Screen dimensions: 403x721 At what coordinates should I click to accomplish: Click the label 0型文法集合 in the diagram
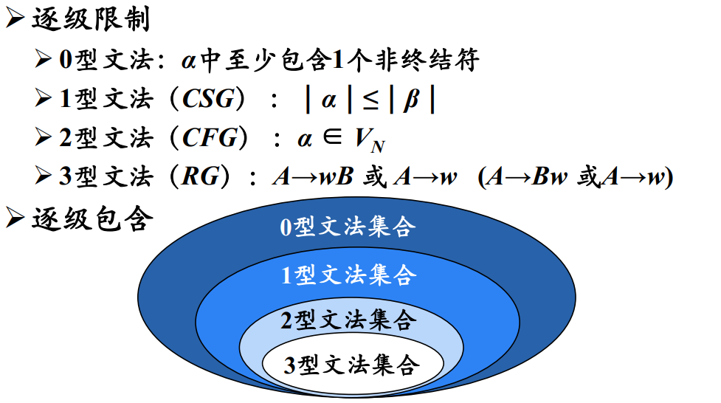point(347,226)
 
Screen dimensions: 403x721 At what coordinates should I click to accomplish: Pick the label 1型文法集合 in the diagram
point(348,275)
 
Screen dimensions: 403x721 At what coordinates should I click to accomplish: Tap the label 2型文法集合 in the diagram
point(348,320)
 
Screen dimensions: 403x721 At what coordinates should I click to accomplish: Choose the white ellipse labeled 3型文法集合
point(351,365)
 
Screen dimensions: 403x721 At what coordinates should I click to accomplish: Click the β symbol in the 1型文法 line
point(410,100)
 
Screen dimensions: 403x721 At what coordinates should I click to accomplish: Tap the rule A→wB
point(313,177)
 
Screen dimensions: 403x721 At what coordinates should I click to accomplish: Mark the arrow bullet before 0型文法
point(44,58)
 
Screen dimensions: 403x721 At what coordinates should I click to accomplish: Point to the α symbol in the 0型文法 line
point(189,60)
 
